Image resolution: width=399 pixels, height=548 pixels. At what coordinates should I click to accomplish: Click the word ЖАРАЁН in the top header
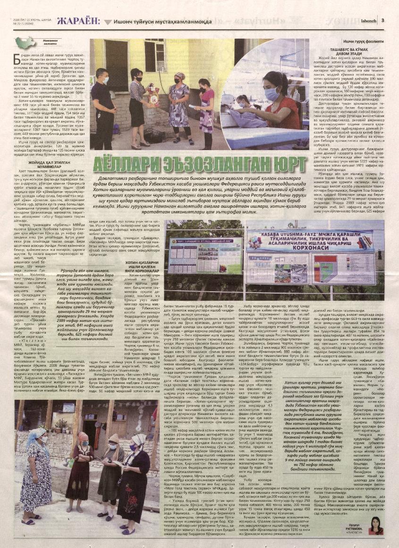[78, 20]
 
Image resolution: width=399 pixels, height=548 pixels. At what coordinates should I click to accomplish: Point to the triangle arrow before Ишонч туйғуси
[110, 21]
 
